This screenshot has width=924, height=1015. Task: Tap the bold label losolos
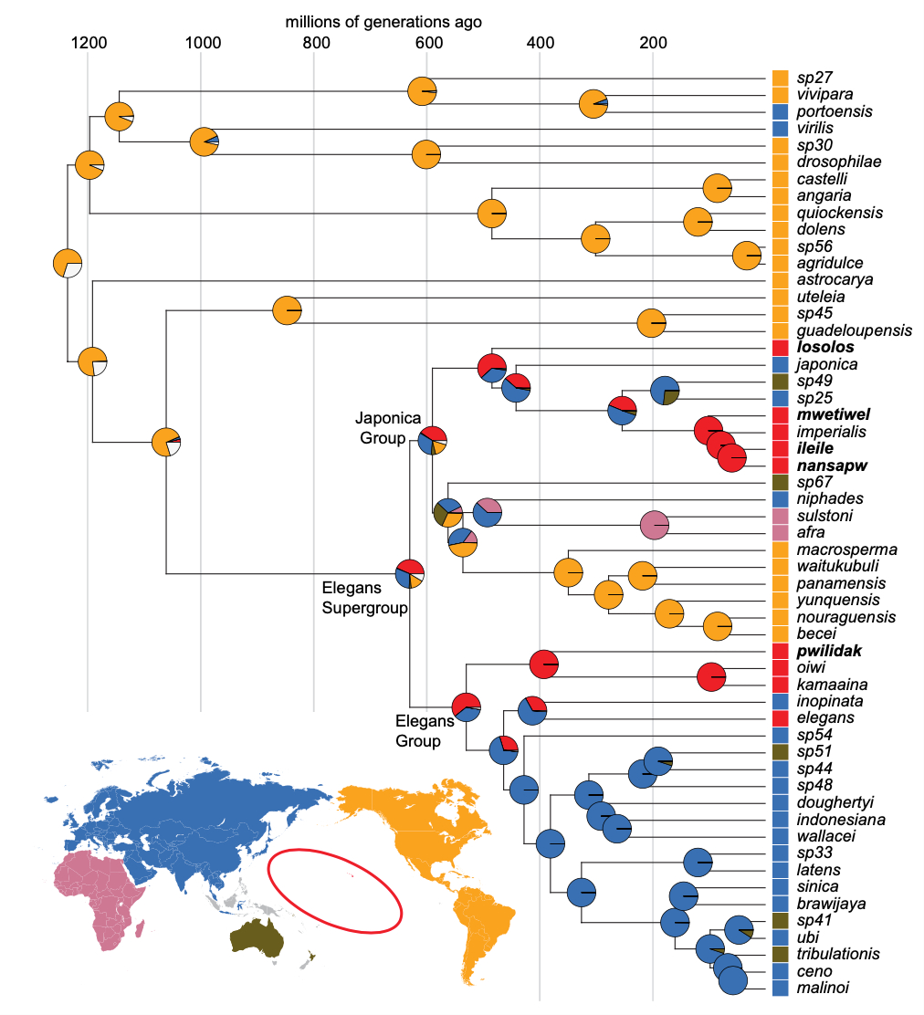(x=824, y=348)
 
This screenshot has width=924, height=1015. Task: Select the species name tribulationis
(x=837, y=954)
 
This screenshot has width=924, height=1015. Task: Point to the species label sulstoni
(x=822, y=517)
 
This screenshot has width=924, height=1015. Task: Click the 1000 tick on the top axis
(x=201, y=43)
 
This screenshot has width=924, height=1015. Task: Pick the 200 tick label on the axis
(x=653, y=43)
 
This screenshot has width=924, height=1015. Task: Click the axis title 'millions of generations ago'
(x=383, y=21)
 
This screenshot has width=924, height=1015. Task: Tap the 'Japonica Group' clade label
(x=381, y=428)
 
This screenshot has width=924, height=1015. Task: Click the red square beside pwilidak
(x=780, y=652)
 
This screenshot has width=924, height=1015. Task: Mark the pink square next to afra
(x=780, y=533)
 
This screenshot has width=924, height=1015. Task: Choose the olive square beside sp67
(x=780, y=483)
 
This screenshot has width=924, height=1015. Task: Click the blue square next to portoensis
(x=780, y=111)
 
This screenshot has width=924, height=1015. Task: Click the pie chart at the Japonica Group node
(x=432, y=440)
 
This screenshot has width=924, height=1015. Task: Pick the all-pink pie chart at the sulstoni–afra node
(x=654, y=525)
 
